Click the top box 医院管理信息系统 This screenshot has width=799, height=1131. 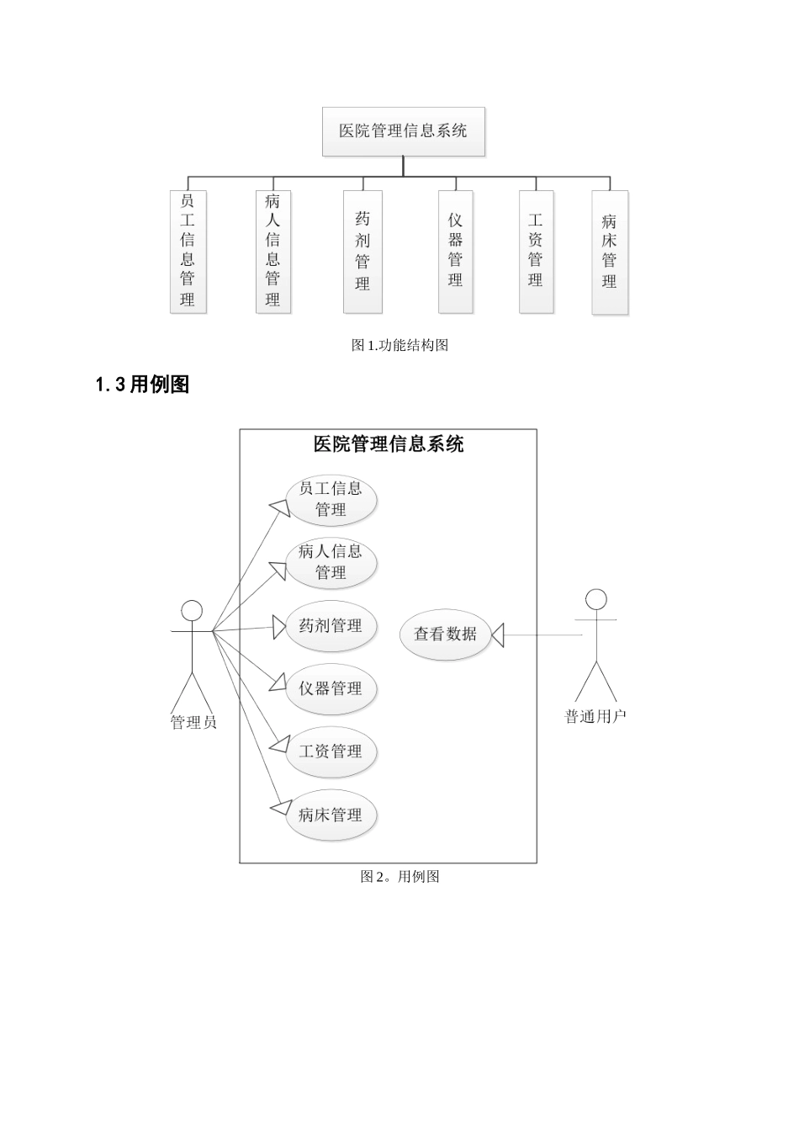tap(404, 131)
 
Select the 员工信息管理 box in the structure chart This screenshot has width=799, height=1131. tap(188, 252)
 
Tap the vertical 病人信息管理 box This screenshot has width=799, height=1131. tap(273, 252)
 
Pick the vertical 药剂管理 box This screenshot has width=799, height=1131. tap(362, 252)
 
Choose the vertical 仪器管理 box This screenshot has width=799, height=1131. tap(455, 252)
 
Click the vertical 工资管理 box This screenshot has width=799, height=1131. tap(536, 252)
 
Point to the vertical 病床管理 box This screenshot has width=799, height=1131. tap(610, 252)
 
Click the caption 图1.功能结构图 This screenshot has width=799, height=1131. tap(399, 345)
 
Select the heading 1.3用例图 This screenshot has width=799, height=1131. tap(142, 385)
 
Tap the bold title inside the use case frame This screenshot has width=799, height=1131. tap(388, 444)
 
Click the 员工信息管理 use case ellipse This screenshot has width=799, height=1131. tap(331, 499)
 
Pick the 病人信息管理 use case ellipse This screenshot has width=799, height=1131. tap(331, 562)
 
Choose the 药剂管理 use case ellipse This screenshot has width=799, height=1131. tap(331, 626)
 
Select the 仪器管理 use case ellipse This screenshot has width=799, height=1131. tap(331, 689)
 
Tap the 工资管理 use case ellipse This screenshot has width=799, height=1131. tap(331, 751)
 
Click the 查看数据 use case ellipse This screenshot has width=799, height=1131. tap(445, 635)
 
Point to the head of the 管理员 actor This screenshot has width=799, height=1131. tap(193, 611)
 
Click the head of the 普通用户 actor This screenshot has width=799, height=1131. tap(595, 599)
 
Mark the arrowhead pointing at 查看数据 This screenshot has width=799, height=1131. tap(497, 635)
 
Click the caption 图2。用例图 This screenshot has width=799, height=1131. tap(399, 877)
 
